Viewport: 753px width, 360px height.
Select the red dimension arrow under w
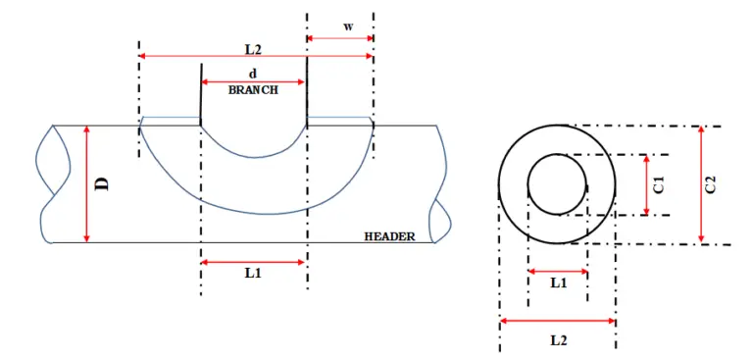340,38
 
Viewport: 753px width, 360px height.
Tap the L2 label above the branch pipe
253,47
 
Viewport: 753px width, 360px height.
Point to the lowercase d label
253,74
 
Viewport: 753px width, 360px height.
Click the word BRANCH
253,89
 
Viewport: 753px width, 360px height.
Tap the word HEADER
389,236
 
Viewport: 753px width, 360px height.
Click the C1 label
659,183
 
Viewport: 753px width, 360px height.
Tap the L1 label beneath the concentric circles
557,283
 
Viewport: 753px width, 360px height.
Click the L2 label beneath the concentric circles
557,339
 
